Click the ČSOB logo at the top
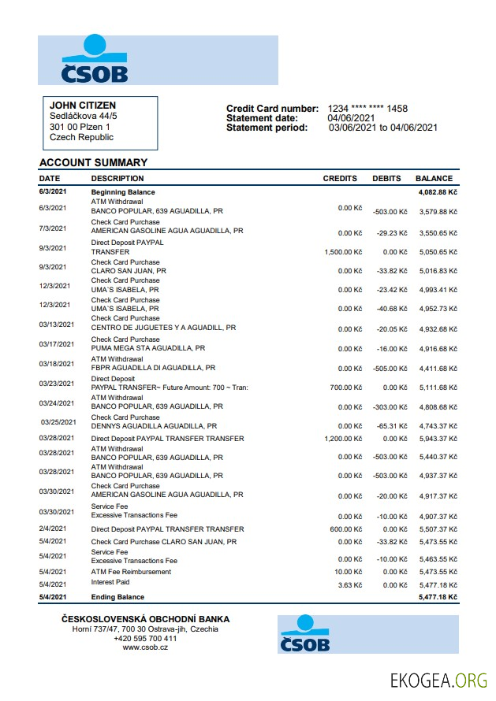pos(95,59)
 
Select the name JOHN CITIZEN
pos(83,106)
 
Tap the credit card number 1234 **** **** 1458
pos(367,109)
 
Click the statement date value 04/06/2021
pos(352,118)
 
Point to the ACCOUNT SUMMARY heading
pos(93,163)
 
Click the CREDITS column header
pos(340,179)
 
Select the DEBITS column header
pos(386,179)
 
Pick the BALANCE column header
pos(434,179)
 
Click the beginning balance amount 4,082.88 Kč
pos(437,192)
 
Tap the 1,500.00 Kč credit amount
pos(343,252)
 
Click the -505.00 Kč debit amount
pos(390,369)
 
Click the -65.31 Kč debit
pos(391,427)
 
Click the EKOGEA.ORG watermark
pos(438,680)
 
